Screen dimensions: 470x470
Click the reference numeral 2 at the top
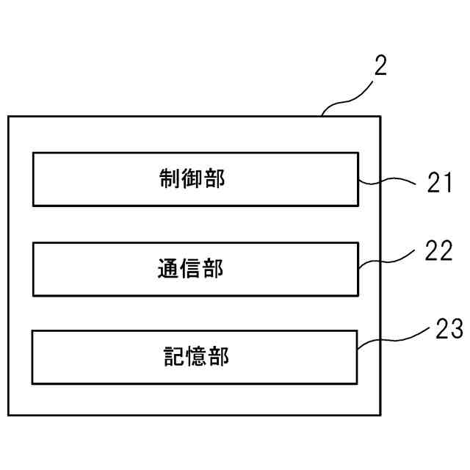click(x=380, y=67)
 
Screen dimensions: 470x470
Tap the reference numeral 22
click(x=439, y=251)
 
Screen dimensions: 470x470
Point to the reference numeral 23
click(x=449, y=330)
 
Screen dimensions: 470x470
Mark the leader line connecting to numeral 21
click(x=389, y=180)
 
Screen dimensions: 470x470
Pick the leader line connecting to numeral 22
click(x=389, y=257)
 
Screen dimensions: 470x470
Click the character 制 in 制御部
click(x=170, y=179)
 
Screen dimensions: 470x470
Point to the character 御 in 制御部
click(x=192, y=179)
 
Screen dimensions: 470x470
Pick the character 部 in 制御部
click(x=214, y=179)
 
